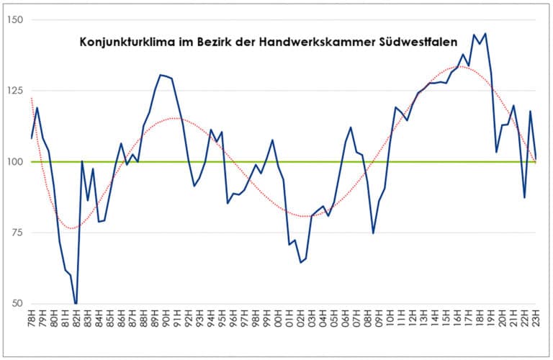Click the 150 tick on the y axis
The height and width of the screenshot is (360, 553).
click(15, 19)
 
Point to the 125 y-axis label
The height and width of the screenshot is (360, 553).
click(15, 91)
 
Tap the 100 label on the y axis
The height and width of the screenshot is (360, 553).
click(15, 161)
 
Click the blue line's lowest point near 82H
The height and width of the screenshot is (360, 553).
click(76, 303)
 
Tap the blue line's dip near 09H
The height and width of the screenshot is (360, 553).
click(373, 233)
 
